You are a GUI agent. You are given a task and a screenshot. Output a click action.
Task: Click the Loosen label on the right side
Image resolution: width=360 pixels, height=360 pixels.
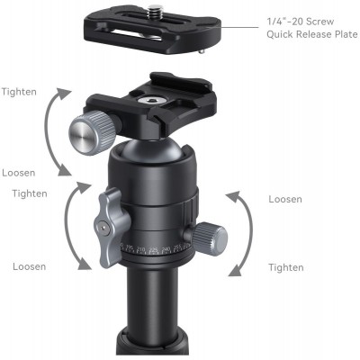point(285,199)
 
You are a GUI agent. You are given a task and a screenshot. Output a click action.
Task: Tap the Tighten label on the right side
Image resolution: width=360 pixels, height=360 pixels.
point(285,267)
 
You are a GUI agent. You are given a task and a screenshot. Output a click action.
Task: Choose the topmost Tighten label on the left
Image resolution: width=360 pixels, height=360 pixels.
point(20,92)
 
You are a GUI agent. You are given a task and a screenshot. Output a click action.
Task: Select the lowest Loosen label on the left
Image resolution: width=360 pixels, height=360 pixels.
point(30,266)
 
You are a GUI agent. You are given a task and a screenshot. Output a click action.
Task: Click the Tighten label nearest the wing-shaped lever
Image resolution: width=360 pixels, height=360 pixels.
point(30,194)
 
